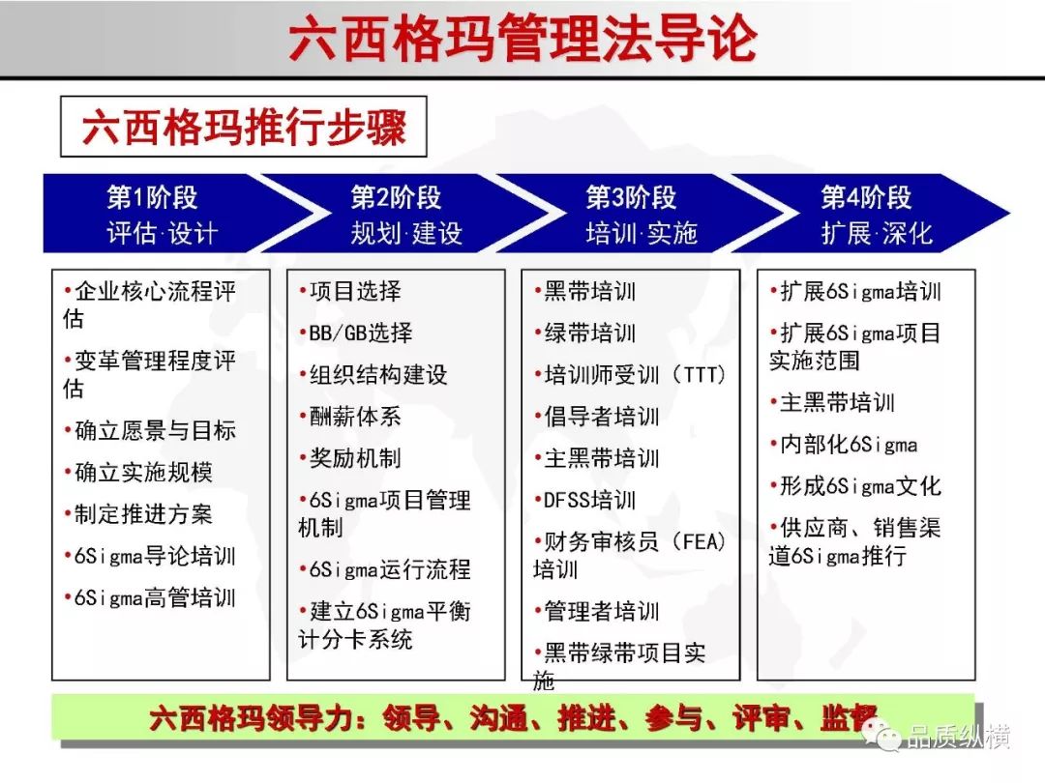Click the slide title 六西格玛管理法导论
[x=523, y=39]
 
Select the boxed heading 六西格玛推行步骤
[x=243, y=127]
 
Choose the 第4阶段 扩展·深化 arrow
[x=873, y=213]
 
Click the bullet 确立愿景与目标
[x=150, y=430]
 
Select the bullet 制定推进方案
[x=138, y=513]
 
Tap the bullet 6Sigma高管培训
[x=150, y=597]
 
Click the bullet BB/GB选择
[x=356, y=333]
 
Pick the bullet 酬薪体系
[x=350, y=416]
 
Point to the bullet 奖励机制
[x=350, y=457]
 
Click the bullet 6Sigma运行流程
[x=385, y=569]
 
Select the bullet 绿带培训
[x=585, y=333]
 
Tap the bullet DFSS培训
[x=585, y=500]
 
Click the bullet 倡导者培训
[x=597, y=416]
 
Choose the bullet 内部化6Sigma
[x=844, y=444]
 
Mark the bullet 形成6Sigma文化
[x=855, y=486]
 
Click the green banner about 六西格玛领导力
[x=513, y=717]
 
